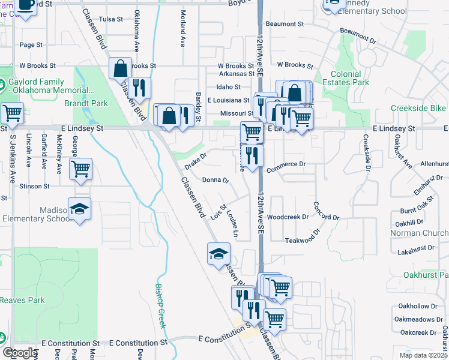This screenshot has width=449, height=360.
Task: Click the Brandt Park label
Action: pos(86,103)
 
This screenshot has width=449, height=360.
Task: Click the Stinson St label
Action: pos(34,187)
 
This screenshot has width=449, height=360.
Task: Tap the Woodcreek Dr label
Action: pos(288,217)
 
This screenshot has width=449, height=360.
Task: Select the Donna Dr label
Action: pos(215,179)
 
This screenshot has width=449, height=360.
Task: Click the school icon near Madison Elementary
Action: pos(79,208)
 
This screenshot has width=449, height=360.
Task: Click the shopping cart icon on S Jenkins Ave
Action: pos(12,112)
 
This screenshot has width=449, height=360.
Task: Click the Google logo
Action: pos(20,353)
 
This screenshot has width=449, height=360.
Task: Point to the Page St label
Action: pos(31,45)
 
